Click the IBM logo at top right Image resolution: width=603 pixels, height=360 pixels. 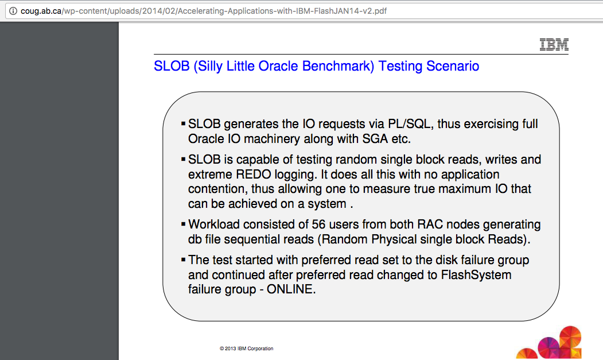(554, 44)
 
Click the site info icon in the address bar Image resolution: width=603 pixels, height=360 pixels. (13, 11)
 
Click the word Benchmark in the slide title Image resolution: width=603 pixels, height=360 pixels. (338, 66)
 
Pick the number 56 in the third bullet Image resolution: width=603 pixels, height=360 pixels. (319, 224)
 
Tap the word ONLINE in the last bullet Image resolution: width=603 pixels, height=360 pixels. (291, 289)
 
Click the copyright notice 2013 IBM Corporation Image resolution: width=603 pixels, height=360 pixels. (247, 349)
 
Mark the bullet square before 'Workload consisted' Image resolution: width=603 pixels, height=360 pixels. (183, 224)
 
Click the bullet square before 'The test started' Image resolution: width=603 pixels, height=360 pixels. (183, 259)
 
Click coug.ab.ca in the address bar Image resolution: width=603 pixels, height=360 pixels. (41, 11)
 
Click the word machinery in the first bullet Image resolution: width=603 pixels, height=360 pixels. (271, 139)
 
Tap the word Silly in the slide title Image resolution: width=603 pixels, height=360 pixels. (209, 66)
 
